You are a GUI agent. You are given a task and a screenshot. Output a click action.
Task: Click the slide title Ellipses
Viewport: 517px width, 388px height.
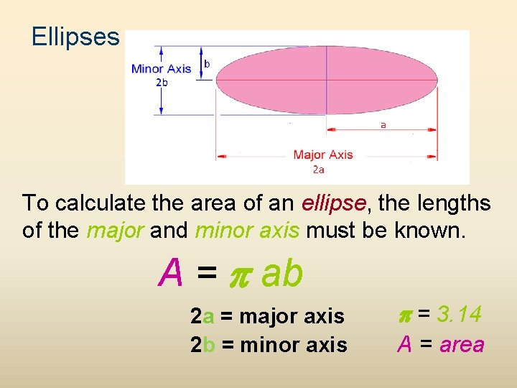[75, 37]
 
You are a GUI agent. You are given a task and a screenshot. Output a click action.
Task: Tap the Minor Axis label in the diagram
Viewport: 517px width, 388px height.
[161, 69]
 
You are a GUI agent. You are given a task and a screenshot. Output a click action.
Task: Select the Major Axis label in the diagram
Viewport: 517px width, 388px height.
[323, 154]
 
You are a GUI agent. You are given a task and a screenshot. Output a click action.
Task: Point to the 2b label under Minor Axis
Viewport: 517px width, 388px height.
[162, 83]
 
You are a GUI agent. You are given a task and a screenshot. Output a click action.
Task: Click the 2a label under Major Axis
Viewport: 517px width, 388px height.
[318, 170]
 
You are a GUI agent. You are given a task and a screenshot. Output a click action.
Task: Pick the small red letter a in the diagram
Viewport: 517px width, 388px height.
[383, 124]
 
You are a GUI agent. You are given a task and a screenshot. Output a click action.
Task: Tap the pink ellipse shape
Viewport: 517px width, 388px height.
[327, 80]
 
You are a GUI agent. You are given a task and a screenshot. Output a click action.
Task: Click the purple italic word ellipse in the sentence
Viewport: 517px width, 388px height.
[335, 203]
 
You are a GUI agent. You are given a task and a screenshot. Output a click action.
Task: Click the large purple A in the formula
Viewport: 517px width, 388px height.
[172, 274]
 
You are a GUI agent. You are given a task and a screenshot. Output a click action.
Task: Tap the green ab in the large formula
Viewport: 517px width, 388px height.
[282, 274]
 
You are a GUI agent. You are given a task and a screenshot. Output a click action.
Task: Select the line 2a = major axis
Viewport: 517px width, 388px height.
[267, 316]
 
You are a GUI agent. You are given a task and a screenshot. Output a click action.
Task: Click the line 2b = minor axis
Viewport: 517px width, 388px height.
[269, 345]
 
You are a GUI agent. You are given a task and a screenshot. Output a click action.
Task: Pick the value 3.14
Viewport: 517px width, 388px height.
[459, 314]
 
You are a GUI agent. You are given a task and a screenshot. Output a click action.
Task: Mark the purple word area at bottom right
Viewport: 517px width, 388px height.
[462, 345]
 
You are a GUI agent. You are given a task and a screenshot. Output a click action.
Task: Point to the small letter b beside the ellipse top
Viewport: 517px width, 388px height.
[208, 64]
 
